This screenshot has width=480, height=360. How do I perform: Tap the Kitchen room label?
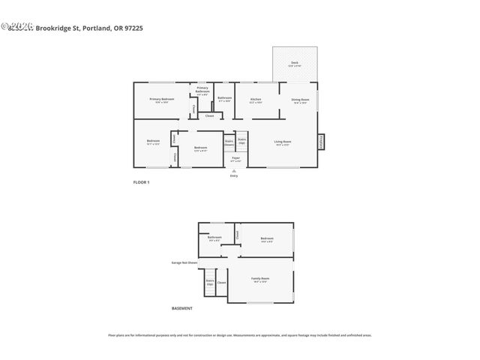[x=255, y=100]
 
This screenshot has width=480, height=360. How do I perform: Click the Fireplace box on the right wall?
[x=321, y=141]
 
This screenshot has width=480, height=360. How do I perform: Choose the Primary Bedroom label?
[x=162, y=100]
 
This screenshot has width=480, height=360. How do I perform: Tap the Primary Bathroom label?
[x=202, y=91]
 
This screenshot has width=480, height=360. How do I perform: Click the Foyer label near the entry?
[x=235, y=159]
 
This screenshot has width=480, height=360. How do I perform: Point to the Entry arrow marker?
[x=234, y=171]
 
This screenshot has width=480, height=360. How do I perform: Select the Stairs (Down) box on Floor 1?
[x=229, y=142]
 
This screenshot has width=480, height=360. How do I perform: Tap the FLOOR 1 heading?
[x=142, y=182]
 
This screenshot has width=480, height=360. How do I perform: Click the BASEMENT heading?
[x=182, y=308]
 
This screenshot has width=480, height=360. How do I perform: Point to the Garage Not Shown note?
[x=184, y=262]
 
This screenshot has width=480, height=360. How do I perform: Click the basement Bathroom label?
[x=214, y=238]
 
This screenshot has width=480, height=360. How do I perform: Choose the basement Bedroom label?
[x=266, y=239]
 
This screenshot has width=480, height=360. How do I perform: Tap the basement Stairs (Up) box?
[x=210, y=283]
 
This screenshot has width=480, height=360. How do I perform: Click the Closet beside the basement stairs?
[x=221, y=283]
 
